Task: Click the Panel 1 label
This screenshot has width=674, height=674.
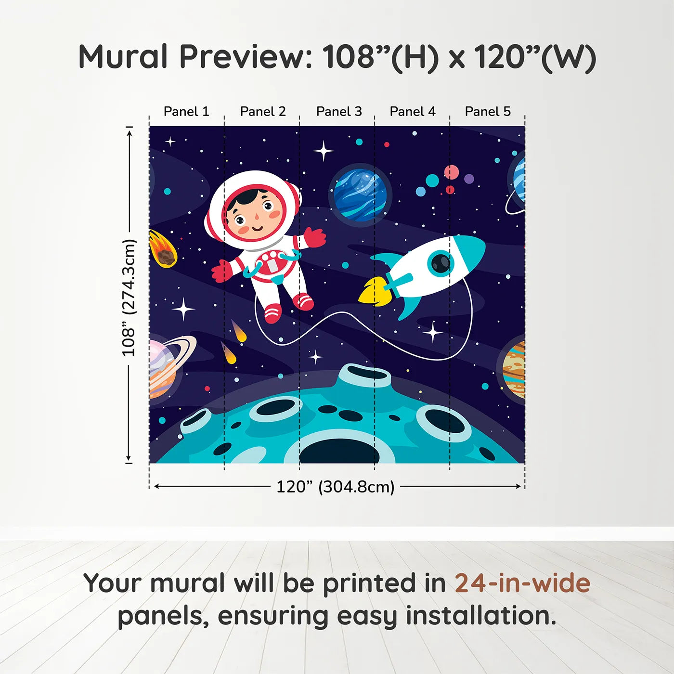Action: point(186,112)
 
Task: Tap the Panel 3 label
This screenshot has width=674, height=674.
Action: point(339,112)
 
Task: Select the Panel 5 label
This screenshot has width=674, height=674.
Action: point(488,112)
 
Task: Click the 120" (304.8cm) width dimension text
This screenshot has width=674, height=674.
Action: point(335,487)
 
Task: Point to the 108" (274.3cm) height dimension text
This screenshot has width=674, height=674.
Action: point(129,298)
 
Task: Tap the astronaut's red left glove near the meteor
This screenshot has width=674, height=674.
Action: point(222,271)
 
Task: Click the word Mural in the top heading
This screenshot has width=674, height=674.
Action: point(123,57)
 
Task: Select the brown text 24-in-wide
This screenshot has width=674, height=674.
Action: point(522,583)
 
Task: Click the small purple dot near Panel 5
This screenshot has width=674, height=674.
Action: point(469,179)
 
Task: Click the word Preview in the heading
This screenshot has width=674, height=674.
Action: point(246,57)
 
